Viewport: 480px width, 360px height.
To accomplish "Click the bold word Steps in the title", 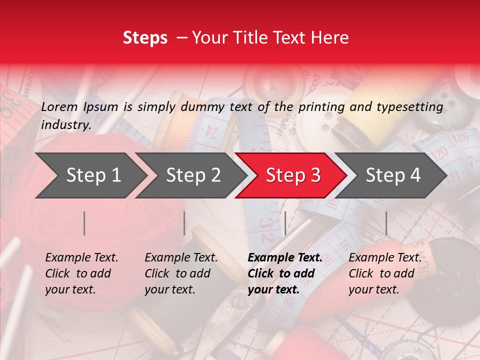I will click(x=145, y=37).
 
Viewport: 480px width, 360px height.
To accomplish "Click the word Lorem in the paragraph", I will click(x=59, y=106).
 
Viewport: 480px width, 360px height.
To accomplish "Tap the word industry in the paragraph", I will click(x=65, y=125).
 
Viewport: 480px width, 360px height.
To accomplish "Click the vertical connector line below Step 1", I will click(x=84, y=223).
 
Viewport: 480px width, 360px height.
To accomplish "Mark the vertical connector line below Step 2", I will click(x=184, y=223).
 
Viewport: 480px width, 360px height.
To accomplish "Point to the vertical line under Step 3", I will click(x=285, y=223).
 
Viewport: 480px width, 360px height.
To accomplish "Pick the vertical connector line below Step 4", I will click(x=386, y=223).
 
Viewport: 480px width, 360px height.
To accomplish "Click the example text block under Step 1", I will click(x=81, y=273).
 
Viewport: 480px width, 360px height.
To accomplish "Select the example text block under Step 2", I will click(x=181, y=273).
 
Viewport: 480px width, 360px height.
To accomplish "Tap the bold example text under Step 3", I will click(x=284, y=273).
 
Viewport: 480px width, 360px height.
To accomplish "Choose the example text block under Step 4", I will click(x=385, y=273).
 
